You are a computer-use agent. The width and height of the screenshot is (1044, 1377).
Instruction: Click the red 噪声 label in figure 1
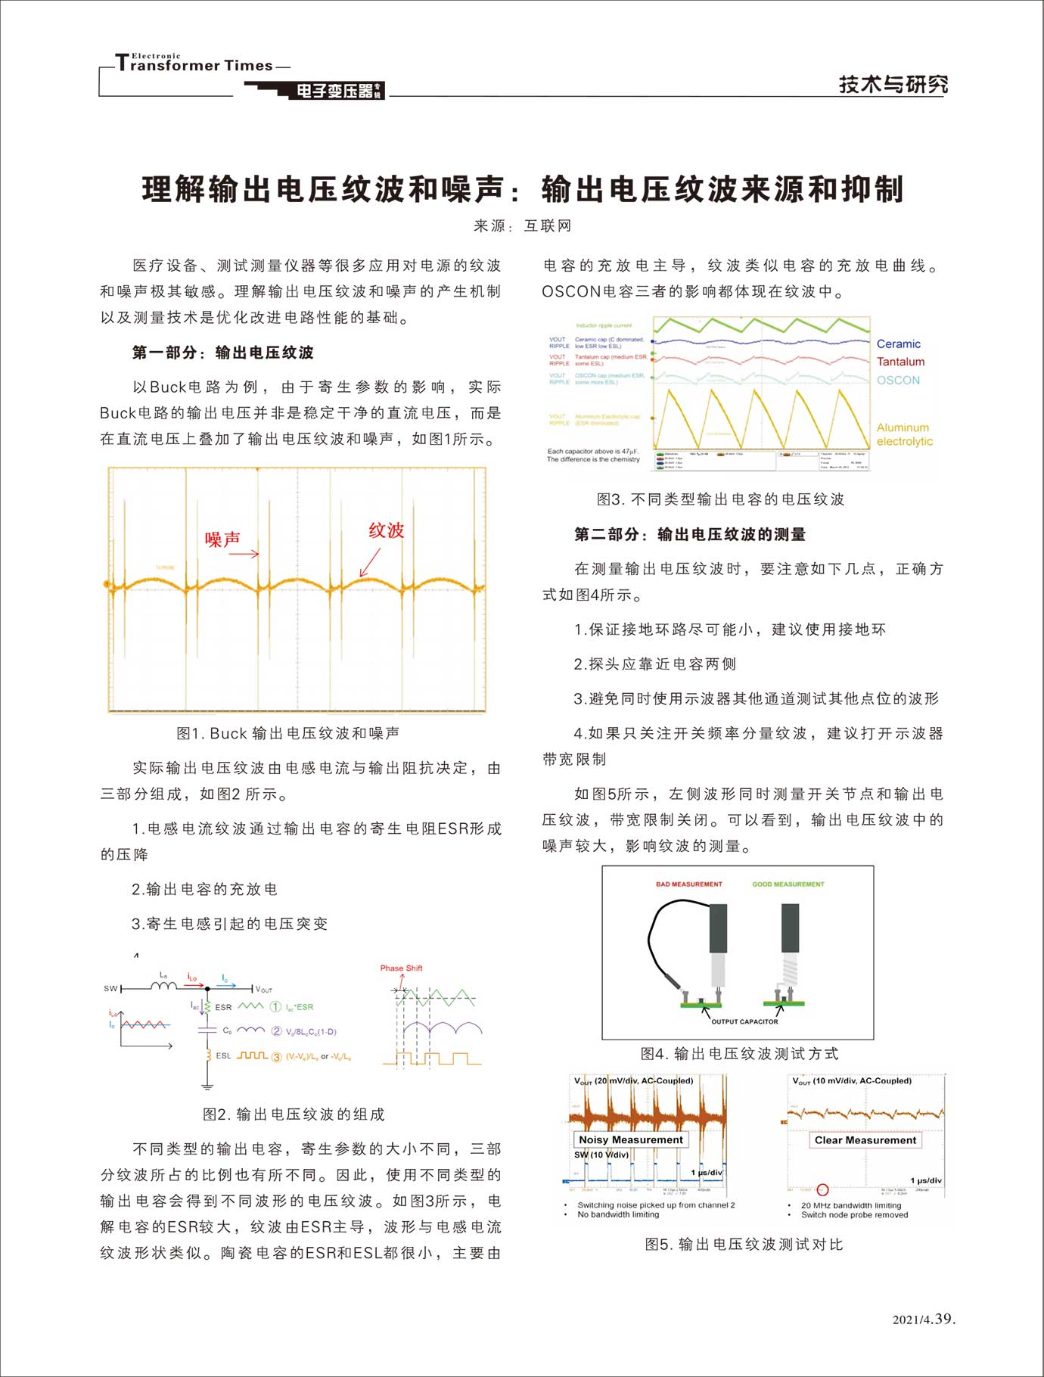point(222,539)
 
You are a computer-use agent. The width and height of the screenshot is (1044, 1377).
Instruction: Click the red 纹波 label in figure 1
point(386,530)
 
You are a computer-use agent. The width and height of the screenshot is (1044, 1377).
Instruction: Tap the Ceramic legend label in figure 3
point(898,343)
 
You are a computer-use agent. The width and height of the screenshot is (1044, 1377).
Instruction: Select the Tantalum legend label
point(900,362)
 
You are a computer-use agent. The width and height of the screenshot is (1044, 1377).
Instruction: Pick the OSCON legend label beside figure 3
point(898,380)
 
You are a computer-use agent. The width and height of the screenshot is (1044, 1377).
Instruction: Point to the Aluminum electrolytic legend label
point(904,434)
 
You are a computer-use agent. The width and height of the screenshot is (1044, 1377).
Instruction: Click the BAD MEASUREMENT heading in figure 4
point(688,884)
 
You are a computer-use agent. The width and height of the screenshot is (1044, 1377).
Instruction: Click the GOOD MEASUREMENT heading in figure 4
point(788,884)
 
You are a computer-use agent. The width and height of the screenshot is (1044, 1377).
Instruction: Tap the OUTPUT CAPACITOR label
point(744,1021)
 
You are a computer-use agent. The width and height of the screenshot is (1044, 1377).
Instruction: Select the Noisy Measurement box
point(630,1139)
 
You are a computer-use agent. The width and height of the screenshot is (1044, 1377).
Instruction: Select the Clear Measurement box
point(865,1139)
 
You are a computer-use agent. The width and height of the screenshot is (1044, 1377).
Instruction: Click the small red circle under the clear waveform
point(823,1189)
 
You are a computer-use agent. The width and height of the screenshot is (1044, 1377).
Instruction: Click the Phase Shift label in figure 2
point(401,968)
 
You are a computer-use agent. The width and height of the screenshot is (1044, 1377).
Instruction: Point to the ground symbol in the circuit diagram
point(207,1086)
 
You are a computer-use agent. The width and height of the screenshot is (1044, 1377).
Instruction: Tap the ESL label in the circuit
point(223,1055)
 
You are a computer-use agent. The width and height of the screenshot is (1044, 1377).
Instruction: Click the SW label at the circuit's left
point(110,989)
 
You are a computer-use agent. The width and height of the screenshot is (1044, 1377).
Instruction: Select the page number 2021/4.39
point(924,1319)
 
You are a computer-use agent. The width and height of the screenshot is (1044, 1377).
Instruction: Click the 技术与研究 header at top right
point(893,84)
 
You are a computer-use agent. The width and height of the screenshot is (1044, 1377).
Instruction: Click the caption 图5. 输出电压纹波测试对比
point(744,1245)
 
